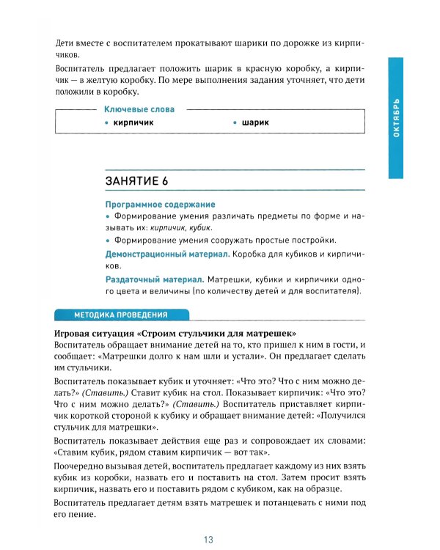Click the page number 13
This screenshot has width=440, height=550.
point(209,540)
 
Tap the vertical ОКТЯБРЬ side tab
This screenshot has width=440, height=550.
point(396,120)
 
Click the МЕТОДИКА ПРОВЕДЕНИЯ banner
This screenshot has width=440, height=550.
point(121,315)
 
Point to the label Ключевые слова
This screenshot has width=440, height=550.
point(139,109)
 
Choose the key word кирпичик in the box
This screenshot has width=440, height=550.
point(133,122)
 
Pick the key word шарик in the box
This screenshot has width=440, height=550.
point(255,122)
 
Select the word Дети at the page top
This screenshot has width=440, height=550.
point(67,42)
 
